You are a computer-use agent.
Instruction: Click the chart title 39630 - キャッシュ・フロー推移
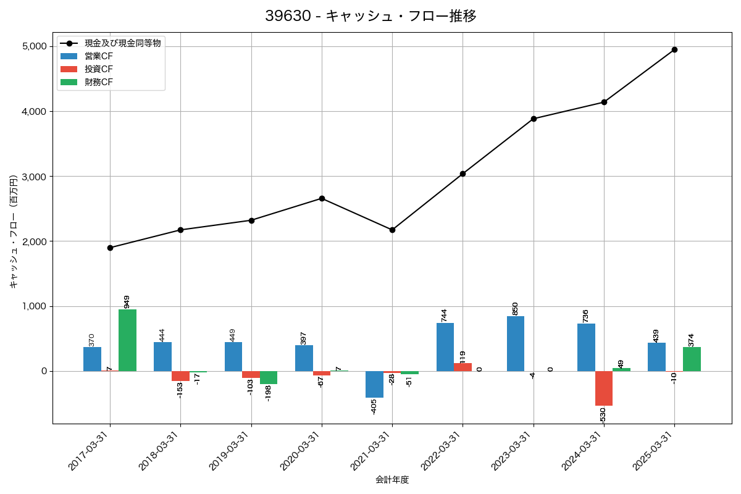371,16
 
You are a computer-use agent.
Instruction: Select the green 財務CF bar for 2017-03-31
127,340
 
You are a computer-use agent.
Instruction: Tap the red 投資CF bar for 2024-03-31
604,388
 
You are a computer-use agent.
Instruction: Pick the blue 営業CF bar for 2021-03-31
374,384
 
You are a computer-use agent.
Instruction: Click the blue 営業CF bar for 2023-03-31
516,344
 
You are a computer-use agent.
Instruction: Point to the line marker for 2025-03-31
674,49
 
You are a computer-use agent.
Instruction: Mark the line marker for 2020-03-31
322,198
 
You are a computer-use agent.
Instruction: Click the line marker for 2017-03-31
110,248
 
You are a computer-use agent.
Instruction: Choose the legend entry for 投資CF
99,69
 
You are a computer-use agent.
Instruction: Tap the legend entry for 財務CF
99,82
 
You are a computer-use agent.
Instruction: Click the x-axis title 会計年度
392,480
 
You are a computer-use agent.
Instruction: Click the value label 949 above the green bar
127,301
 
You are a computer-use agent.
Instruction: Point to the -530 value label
603,415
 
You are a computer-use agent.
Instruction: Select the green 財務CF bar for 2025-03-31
692,359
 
